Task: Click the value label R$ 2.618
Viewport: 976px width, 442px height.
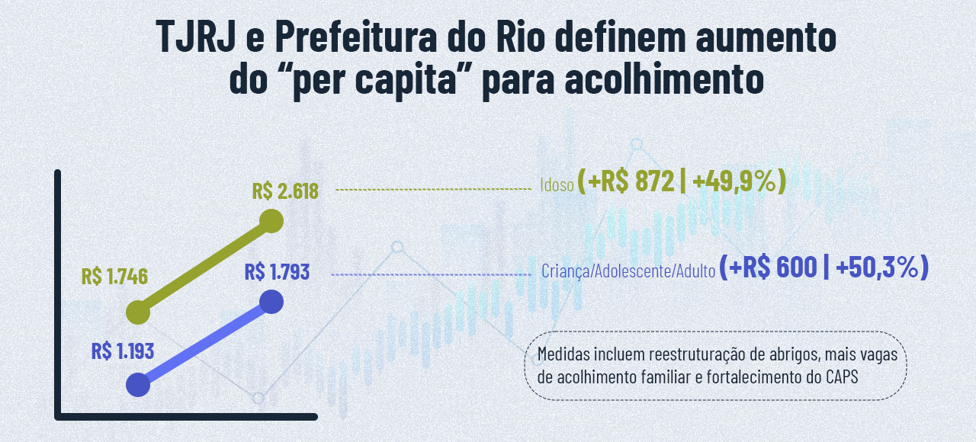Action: [284, 191]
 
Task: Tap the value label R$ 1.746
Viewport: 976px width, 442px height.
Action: [114, 277]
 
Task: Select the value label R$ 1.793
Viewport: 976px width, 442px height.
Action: [278, 271]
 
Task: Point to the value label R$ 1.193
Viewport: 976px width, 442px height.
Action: [123, 351]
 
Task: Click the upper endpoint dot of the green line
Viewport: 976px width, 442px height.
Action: [271, 222]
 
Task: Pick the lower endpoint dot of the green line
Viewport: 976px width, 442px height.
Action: [138, 312]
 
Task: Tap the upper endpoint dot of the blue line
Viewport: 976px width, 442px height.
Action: [271, 302]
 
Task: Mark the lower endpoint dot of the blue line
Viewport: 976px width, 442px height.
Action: [138, 385]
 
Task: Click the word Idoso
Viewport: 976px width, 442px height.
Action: [557, 185]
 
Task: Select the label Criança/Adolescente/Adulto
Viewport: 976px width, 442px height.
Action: [628, 271]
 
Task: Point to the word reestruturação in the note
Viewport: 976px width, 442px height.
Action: [692, 355]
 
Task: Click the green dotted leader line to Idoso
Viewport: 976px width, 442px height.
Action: [432, 188]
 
